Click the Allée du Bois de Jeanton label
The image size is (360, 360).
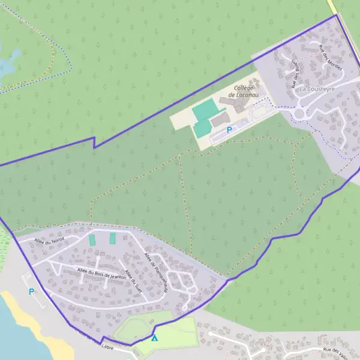click(x=101, y=274)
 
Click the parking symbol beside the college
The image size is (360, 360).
click(x=229, y=130)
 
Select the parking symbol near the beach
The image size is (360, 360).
click(x=31, y=292)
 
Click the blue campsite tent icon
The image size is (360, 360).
click(x=155, y=338)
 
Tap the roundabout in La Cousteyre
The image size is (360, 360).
click(x=300, y=113)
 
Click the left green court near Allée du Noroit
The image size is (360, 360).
click(x=92, y=239)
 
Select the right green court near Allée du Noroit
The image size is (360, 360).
click(x=112, y=238)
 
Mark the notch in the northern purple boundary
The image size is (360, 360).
click(x=94, y=142)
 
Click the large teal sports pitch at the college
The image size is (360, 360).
click(x=205, y=109)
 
